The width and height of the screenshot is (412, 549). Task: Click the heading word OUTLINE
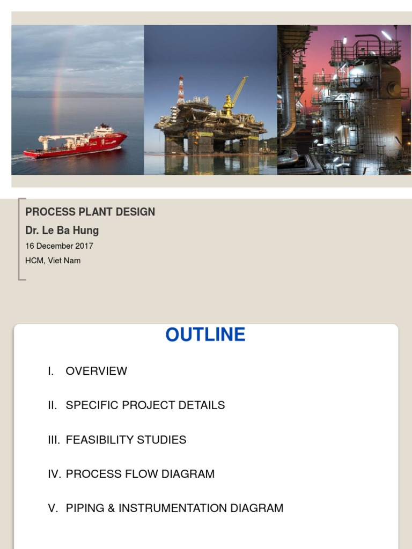pos(205,335)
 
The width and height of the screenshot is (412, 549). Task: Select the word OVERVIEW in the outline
pos(97,371)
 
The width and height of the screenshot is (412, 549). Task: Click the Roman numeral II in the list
pos(52,405)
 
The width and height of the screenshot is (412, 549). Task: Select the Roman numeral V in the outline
pos(53,508)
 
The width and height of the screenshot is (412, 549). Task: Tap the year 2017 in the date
pos(84,246)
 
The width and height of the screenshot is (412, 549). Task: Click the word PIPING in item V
pos(85,508)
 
